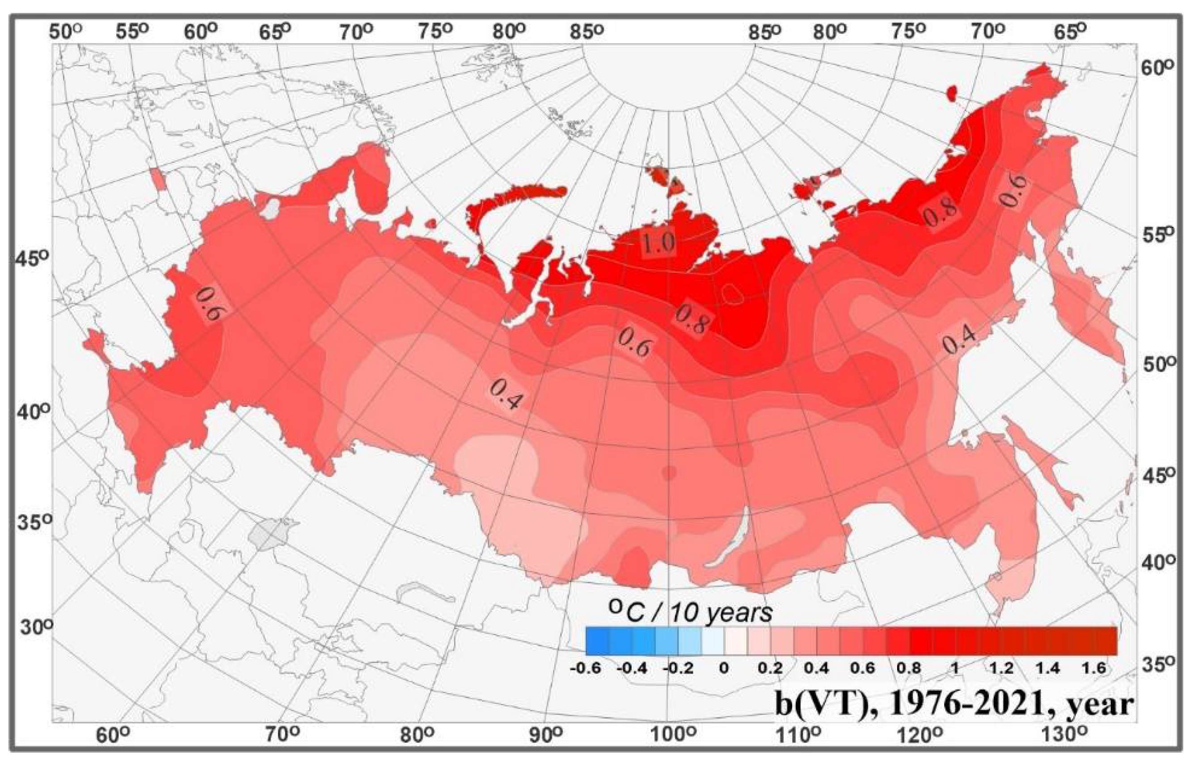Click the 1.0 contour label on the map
click(658, 243)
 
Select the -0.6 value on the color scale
click(585, 669)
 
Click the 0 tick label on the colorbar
click(724, 669)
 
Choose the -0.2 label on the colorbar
click(678, 669)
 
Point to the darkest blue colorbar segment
click(597, 641)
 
